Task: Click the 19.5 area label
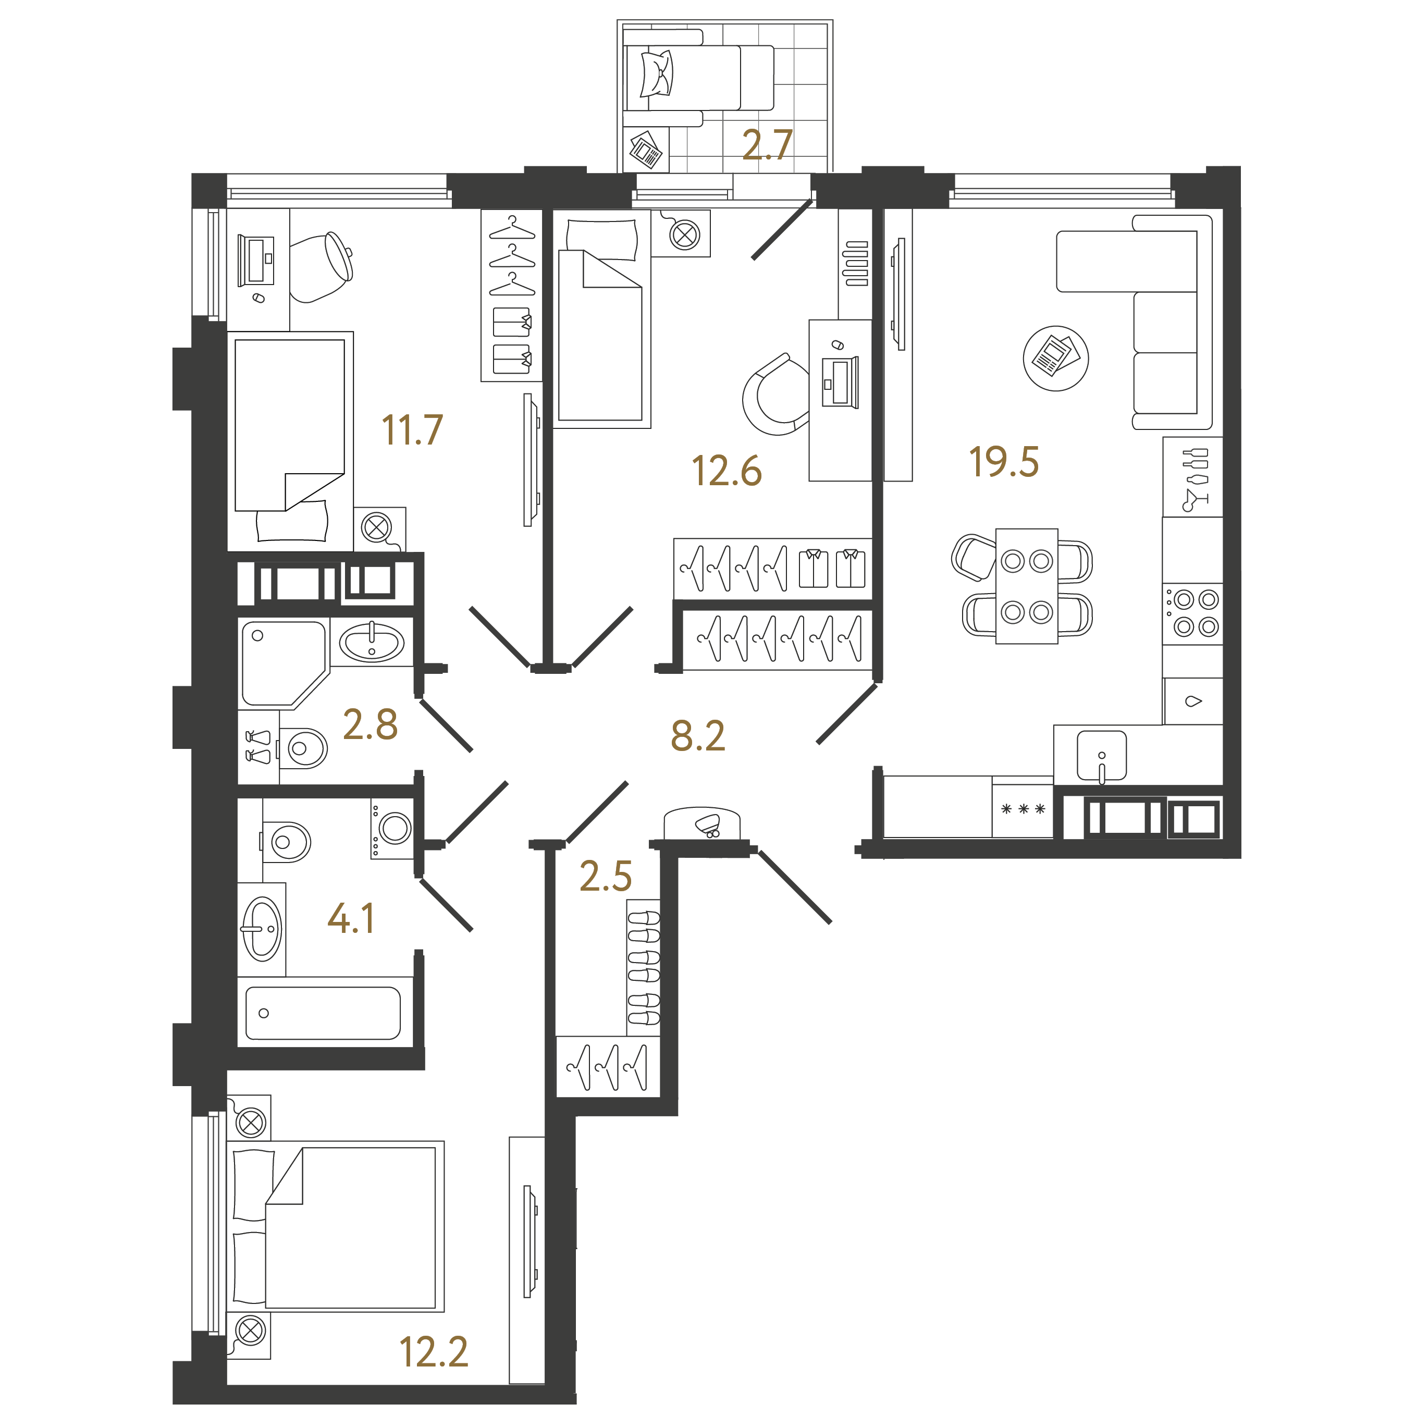coord(1003,462)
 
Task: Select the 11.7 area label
coord(412,430)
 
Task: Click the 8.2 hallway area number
coord(698,736)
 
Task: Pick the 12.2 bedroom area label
coord(433,1352)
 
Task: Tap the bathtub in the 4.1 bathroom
coord(323,1013)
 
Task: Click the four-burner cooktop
coord(1192,613)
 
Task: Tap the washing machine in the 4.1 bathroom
coord(392,828)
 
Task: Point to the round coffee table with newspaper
coord(1055,359)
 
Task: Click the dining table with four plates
coord(1026,586)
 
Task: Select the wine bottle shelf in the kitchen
coord(1192,477)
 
